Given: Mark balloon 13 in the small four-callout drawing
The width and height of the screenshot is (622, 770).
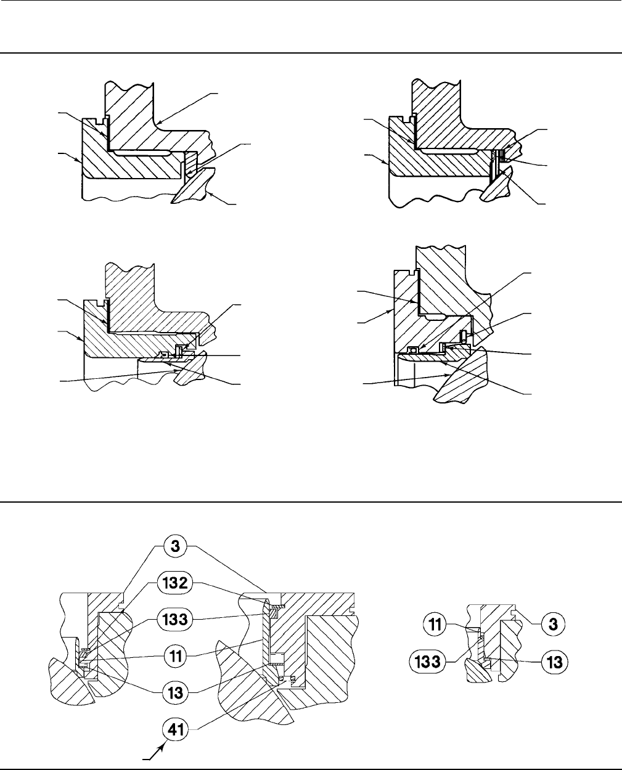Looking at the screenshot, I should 553,662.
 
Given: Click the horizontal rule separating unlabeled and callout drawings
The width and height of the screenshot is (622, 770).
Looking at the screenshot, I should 311,501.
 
